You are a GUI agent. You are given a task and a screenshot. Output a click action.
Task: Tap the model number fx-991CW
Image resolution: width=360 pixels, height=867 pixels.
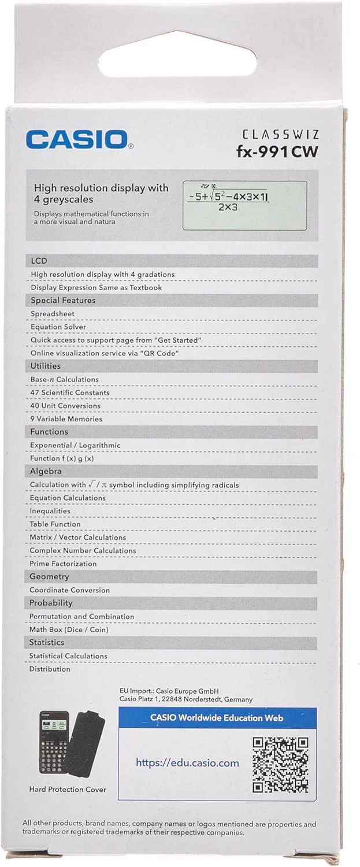click(x=277, y=152)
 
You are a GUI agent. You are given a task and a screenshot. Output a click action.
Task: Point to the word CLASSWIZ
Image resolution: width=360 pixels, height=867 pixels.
click(x=280, y=134)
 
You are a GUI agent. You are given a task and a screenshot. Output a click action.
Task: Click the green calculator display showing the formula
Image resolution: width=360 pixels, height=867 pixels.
click(x=244, y=205)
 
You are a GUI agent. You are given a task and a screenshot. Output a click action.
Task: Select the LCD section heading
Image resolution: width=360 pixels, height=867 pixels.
click(x=39, y=261)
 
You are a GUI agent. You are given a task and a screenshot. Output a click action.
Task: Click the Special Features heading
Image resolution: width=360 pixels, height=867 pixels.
click(x=63, y=301)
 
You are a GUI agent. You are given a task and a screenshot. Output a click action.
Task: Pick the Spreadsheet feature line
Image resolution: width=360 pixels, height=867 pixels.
click(x=53, y=314)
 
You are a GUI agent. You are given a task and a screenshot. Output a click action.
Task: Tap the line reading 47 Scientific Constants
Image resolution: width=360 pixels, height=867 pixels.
click(x=70, y=392)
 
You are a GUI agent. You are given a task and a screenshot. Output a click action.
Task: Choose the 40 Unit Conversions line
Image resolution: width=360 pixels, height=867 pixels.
click(x=65, y=406)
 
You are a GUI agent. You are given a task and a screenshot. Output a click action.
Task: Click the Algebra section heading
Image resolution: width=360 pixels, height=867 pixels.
click(x=46, y=472)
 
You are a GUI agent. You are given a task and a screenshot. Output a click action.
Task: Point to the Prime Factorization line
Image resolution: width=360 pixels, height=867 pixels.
click(x=63, y=564)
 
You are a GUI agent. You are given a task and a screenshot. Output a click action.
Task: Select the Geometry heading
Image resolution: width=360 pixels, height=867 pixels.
click(x=49, y=577)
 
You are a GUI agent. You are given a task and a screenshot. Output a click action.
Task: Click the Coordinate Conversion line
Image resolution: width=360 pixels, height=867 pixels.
click(x=69, y=590)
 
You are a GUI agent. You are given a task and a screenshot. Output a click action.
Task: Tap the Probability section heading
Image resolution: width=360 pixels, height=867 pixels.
click(x=51, y=603)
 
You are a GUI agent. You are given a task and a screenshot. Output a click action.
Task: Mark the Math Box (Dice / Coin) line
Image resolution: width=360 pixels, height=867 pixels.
click(x=69, y=629)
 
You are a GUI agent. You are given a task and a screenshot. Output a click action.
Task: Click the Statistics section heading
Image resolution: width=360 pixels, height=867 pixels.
click(x=47, y=643)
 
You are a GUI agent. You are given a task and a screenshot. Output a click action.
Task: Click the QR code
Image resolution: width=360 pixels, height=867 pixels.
click(x=281, y=764)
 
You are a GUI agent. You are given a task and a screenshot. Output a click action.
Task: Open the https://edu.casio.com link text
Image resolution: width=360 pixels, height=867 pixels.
click(x=187, y=763)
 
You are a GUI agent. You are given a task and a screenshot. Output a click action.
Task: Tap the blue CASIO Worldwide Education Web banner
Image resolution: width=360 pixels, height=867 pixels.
click(x=217, y=718)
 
